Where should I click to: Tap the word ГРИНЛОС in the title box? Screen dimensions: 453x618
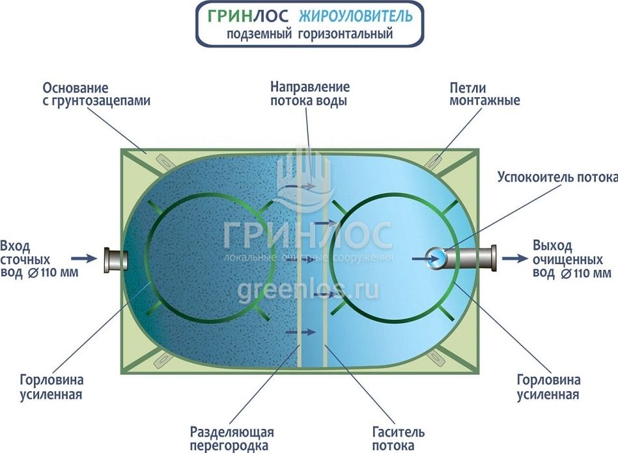coord(249,16)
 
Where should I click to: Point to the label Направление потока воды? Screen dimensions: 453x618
coord(310,95)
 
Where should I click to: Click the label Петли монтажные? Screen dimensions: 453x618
coord(485,95)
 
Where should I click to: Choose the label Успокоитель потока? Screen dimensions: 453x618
coord(557,177)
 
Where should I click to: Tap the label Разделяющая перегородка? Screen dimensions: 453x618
coord(232,439)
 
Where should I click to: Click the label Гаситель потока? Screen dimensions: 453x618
coord(399,439)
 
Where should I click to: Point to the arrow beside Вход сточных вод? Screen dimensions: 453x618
coord(81,258)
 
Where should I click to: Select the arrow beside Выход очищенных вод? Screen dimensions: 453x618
coord(514,258)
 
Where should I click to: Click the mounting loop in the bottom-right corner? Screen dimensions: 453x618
coord(434,358)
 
